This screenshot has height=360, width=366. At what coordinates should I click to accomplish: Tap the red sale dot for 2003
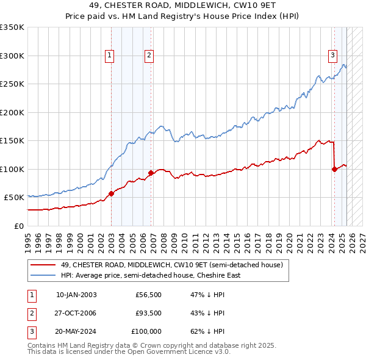[x=112, y=194]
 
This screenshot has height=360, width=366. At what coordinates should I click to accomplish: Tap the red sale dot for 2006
[x=151, y=173]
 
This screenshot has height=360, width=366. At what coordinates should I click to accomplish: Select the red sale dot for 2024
[x=334, y=170]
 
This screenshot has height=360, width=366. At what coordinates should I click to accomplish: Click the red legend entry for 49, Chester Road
[x=172, y=265]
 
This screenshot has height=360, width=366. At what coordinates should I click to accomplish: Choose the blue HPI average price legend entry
[x=150, y=275]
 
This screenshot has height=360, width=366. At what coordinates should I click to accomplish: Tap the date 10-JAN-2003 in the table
[x=76, y=295]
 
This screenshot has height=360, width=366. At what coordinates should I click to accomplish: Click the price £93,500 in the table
[x=148, y=313]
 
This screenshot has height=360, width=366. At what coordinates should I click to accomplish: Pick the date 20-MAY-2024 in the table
[x=76, y=331]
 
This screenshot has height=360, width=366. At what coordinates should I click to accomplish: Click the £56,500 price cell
[x=148, y=295]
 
